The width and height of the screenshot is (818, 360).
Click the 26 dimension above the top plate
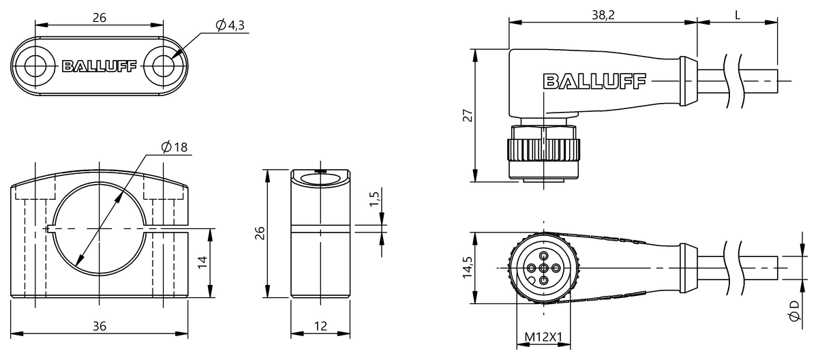tap(99, 18)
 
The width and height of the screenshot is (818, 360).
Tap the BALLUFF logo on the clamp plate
tap(100, 66)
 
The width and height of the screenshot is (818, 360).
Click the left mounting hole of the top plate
tap(35, 66)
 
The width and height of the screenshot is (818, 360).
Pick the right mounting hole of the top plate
tap(164, 66)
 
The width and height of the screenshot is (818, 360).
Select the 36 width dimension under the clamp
tap(100, 327)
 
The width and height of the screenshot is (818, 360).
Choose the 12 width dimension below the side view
tap(321, 327)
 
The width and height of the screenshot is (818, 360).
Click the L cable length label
tap(738, 15)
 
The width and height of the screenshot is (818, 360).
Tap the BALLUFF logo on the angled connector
tap(594, 82)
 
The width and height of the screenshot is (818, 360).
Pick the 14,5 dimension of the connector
tap(466, 268)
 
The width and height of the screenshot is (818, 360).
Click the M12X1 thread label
tap(543, 337)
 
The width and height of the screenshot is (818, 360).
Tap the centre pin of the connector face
tap(543, 268)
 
